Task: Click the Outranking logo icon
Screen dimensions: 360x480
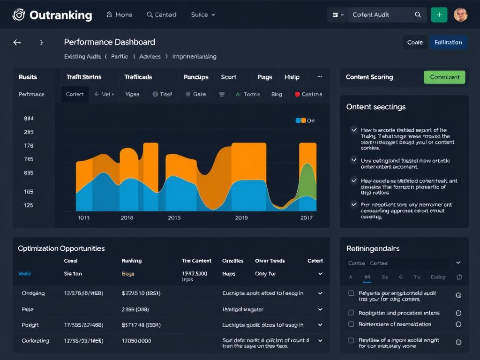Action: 18,15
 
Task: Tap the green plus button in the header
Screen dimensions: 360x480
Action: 439,15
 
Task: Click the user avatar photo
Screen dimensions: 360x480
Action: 461,15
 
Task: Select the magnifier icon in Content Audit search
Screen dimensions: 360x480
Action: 418,15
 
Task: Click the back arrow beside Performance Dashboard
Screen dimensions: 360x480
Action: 17,43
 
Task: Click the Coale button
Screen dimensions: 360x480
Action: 415,42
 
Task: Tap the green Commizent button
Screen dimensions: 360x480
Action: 444,77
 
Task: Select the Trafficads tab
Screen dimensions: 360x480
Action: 138,77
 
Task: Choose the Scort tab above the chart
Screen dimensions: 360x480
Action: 229,77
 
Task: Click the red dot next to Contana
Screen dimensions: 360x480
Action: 297,94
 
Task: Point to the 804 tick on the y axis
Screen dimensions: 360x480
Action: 29,119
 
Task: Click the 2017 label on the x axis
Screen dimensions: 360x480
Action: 307,218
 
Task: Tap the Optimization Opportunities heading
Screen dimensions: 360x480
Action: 61,248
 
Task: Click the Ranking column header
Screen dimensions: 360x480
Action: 132,261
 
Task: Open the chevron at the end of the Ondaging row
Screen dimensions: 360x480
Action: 320,293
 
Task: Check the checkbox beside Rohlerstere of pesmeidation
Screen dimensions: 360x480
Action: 351,324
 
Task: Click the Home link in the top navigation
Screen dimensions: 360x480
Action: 120,15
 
